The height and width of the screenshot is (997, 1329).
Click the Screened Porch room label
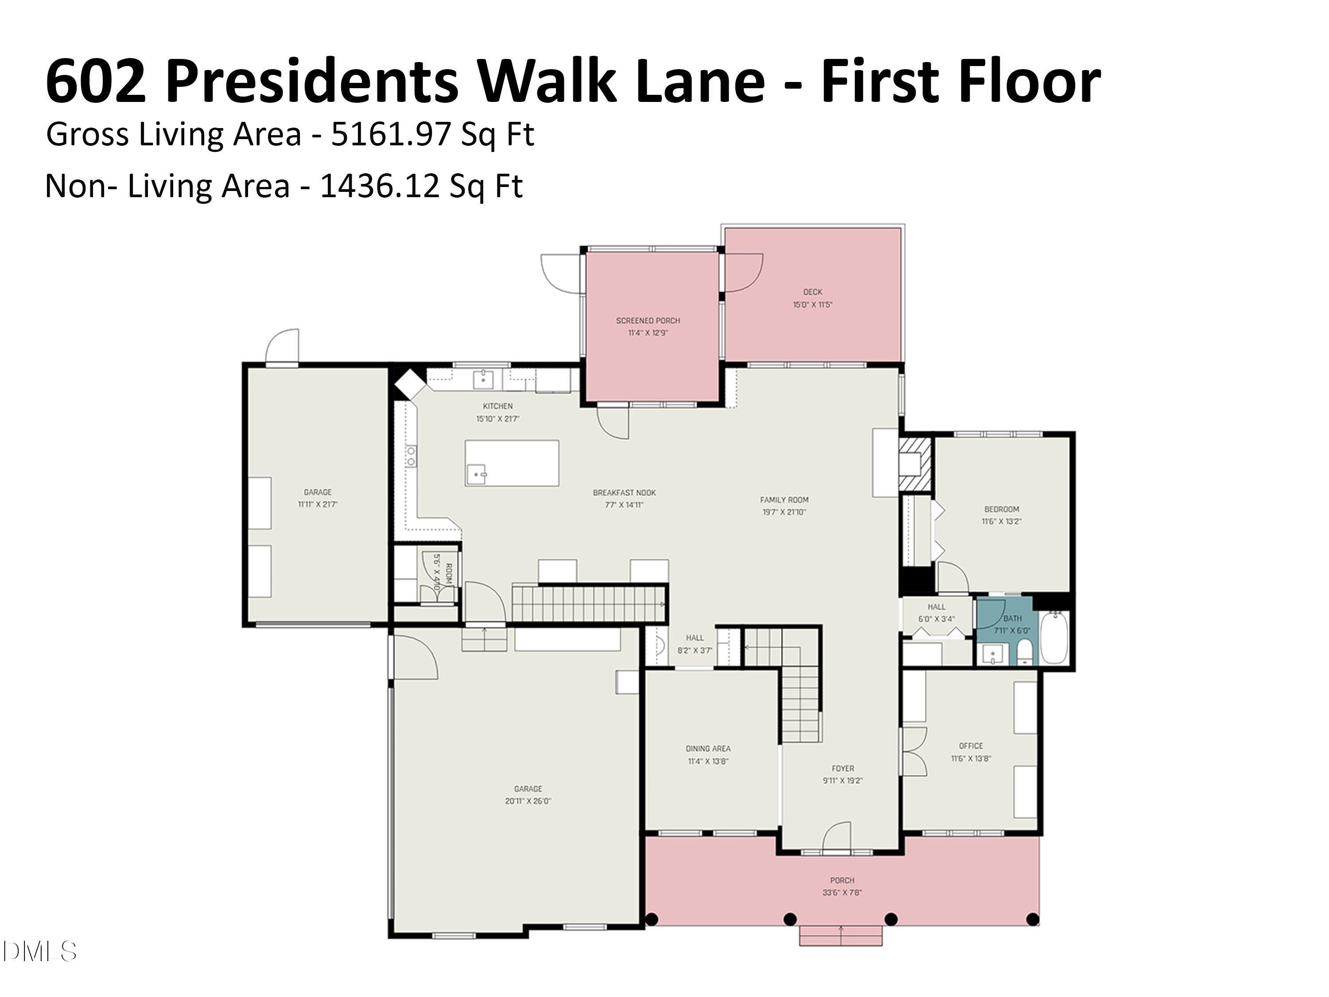click(648, 320)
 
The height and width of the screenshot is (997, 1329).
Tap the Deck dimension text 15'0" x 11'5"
click(812, 305)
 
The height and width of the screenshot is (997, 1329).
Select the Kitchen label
click(497, 406)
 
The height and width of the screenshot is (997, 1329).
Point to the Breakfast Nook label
click(624, 493)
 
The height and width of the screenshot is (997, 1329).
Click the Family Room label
click(784, 499)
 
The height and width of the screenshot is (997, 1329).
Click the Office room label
click(971, 746)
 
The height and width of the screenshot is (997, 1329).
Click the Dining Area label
click(708, 749)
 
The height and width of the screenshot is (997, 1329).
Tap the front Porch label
click(842, 880)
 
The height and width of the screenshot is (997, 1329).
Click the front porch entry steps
click(840, 936)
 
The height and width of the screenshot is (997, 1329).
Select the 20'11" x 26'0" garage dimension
click(528, 801)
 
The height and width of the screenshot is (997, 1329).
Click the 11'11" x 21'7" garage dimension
click(318, 505)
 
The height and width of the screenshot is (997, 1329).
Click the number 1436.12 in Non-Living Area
click(379, 186)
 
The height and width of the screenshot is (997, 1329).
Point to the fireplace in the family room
click(914, 464)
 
